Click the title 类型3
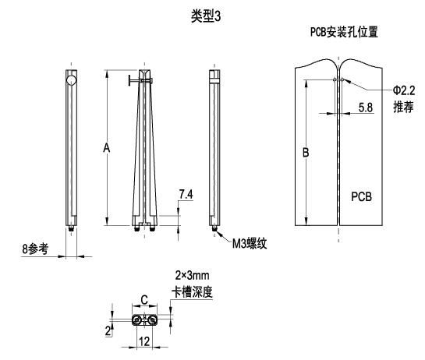click(x=206, y=16)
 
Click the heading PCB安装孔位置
click(x=344, y=32)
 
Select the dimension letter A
click(x=107, y=148)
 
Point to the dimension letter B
click(x=306, y=152)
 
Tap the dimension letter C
click(x=144, y=300)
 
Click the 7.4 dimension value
click(x=186, y=194)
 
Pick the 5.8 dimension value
click(x=366, y=108)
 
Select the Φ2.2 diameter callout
click(x=404, y=90)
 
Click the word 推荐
click(x=403, y=107)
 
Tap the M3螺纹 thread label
click(x=250, y=244)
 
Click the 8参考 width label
click(x=35, y=249)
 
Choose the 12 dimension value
click(x=144, y=341)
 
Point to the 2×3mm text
click(x=192, y=276)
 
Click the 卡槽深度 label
click(x=192, y=292)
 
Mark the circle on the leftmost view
click(x=71, y=80)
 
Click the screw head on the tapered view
click(x=129, y=81)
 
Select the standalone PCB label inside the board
click(x=361, y=196)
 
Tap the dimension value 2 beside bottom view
click(x=108, y=330)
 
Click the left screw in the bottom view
click(x=136, y=320)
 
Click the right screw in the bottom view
click(x=152, y=320)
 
